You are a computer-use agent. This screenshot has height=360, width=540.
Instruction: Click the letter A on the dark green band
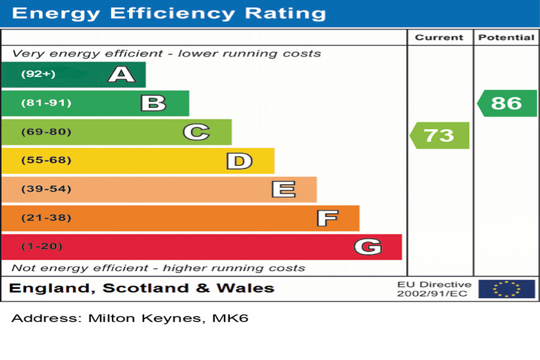121,74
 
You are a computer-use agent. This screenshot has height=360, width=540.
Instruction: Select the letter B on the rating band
153,103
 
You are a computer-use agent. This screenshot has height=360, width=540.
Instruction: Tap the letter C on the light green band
196,132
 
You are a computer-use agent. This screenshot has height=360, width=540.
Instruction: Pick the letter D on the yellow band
239,161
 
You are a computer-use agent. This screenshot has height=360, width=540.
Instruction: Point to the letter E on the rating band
283,190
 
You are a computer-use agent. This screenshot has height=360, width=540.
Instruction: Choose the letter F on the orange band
327,218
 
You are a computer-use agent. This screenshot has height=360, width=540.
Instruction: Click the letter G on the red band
367,247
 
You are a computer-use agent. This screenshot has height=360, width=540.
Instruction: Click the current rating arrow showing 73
439,135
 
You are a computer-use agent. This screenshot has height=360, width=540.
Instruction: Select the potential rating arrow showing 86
506,103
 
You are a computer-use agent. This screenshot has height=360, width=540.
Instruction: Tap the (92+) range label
38,74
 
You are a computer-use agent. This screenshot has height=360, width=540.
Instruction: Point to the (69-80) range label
46,132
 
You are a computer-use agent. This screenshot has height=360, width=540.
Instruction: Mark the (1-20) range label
41,247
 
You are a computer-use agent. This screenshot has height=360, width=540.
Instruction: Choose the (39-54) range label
46,190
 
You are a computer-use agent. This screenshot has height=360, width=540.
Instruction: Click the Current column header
439,38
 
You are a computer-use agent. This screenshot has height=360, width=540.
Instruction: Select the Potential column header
506,38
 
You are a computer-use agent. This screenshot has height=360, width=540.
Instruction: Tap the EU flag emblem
506,289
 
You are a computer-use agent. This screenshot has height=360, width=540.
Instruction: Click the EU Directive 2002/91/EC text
434,289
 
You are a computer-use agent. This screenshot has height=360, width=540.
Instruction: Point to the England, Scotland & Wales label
142,288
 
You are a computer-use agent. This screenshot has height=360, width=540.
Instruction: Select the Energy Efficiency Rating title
169,13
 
